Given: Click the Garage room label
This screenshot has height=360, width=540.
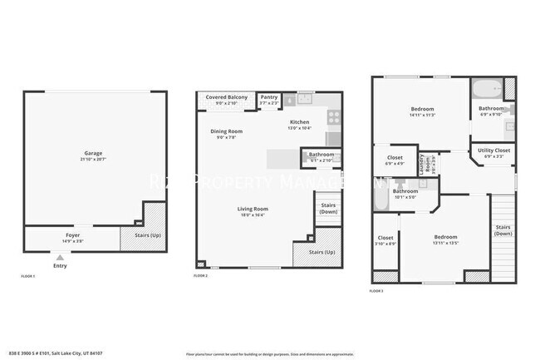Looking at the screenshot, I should (93, 153).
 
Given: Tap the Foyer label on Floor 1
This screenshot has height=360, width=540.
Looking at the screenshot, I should (73, 235).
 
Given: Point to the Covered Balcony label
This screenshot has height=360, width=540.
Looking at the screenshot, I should (227, 97).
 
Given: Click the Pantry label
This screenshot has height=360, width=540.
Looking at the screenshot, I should (268, 97).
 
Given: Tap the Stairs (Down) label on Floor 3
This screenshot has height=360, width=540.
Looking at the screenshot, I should (503, 229).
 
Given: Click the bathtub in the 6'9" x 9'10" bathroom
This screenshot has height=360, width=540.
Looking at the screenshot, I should (486, 89).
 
